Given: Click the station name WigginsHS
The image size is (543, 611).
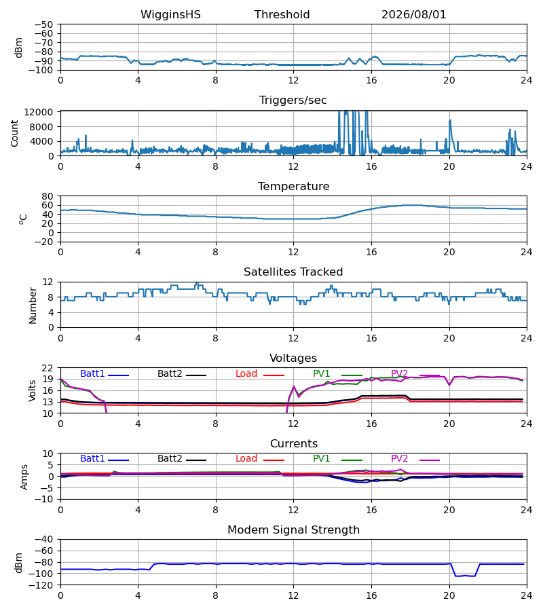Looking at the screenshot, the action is point(170,14).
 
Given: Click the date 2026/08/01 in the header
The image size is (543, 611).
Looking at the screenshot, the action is point(413,14).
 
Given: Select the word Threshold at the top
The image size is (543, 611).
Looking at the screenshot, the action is point(282,14).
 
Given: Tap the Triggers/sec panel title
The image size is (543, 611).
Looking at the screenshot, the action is point(293,100).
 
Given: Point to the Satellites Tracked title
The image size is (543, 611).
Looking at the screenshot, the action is point(293,272).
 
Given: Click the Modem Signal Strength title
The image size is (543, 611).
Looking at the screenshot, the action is point(294,530).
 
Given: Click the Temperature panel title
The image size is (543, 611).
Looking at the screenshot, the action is point(294,186).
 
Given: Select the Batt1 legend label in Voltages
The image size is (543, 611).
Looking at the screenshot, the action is point(92,373).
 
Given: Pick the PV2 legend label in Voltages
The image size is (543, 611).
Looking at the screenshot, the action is point(399,373).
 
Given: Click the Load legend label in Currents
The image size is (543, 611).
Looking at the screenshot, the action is point(246,459).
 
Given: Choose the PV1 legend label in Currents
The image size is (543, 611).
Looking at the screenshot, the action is point(321,459).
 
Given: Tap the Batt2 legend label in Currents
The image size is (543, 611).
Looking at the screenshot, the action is point(170,459).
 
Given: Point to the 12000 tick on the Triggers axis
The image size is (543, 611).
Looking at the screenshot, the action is point(39,112).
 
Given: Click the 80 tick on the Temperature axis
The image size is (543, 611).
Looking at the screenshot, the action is point(48,196).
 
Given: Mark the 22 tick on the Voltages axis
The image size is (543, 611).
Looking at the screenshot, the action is point(48,368).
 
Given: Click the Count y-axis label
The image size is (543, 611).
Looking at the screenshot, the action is point(14,133).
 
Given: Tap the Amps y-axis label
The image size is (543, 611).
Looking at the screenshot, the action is point(24,477).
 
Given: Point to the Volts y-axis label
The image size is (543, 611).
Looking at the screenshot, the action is point(33,391).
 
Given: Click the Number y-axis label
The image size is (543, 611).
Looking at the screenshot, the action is point(33,305).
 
